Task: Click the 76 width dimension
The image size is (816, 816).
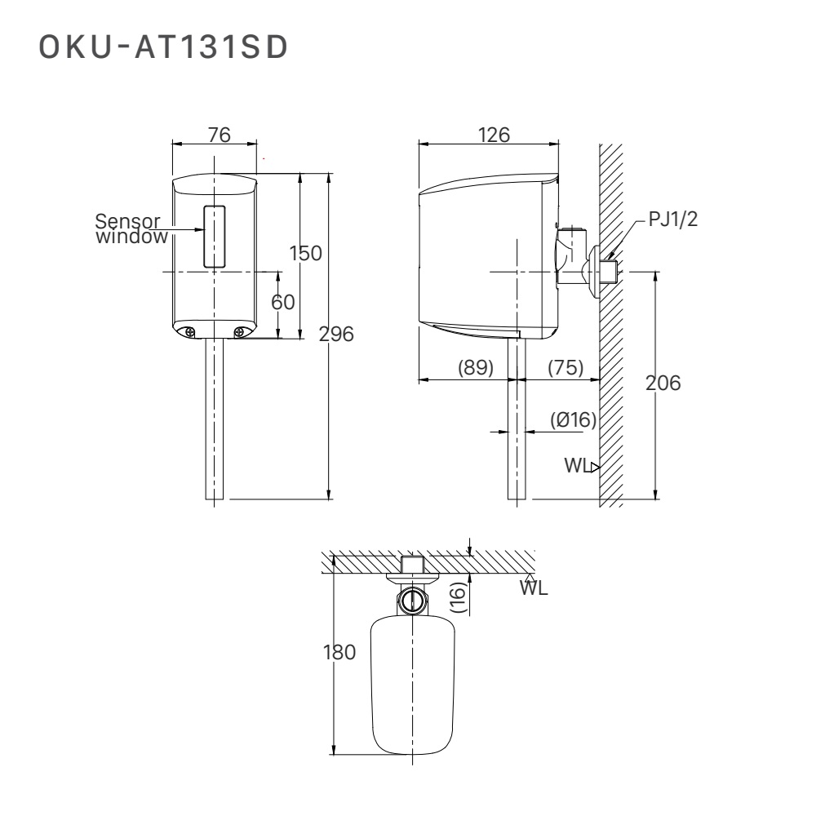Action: [x=219, y=135]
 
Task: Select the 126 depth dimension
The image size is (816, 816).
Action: [x=493, y=135]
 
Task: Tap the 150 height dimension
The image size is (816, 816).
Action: [x=307, y=253]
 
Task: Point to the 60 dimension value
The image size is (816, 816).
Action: [x=282, y=302]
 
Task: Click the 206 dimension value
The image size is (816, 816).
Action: [x=663, y=383]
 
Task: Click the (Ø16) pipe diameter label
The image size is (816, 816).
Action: [x=573, y=420]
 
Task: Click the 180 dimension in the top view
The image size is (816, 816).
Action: [x=338, y=653]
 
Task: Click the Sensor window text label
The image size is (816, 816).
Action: [x=131, y=229]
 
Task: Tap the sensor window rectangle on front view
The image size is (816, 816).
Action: [x=214, y=236]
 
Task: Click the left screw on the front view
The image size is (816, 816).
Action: [x=188, y=331]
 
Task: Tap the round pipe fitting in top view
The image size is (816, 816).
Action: [x=412, y=601]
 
